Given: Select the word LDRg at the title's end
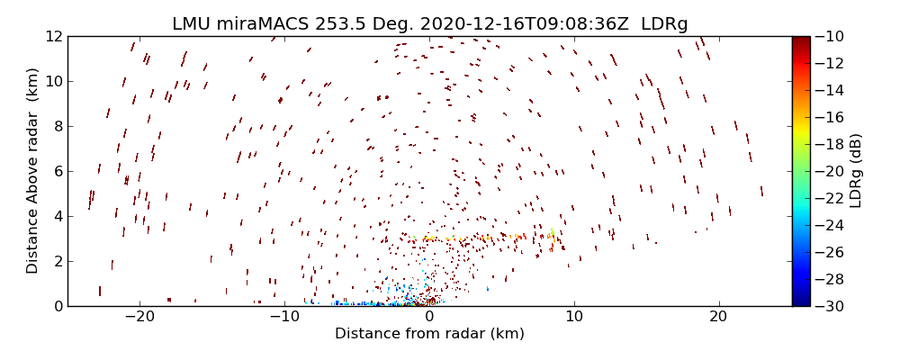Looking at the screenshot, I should click(x=663, y=24).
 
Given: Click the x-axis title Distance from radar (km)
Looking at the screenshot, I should click(x=429, y=334).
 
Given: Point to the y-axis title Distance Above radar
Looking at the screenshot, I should click(x=33, y=171).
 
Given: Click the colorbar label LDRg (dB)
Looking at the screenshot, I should click(x=856, y=171).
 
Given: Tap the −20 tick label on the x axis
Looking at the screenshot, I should click(x=139, y=317).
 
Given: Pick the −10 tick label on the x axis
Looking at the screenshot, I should click(x=284, y=317).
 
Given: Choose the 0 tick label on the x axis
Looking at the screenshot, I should click(x=429, y=317).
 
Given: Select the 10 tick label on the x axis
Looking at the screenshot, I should click(x=573, y=317).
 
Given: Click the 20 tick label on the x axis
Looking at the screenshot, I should click(x=718, y=317).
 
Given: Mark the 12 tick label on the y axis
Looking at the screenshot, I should click(x=52, y=36).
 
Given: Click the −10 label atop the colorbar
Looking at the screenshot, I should click(x=830, y=36).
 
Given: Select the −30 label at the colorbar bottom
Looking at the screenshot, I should click(x=830, y=306).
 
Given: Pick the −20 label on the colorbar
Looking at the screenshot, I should click(x=830, y=171).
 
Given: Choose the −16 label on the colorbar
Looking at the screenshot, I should click(x=830, y=117).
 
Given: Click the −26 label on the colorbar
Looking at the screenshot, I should click(x=830, y=252).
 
